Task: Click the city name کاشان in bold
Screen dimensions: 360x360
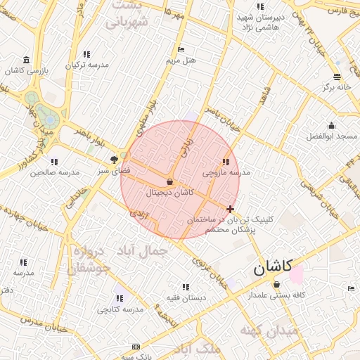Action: [x=274, y=267]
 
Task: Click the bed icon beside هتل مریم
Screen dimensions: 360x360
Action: [x=181, y=50]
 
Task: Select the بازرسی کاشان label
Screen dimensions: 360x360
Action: [x=25, y=70]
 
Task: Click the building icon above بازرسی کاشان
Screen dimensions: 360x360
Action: [x=26, y=59]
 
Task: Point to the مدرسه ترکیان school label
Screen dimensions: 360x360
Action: [x=87, y=65]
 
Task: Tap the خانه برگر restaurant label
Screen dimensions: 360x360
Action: [x=336, y=88]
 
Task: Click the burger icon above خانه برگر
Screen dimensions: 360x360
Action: [x=337, y=77]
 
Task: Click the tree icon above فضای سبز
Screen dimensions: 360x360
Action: [x=114, y=160]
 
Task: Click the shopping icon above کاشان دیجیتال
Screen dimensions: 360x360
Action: [x=169, y=181]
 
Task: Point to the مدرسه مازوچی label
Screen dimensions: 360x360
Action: [x=226, y=172]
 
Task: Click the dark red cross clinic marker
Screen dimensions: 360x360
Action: [x=231, y=209]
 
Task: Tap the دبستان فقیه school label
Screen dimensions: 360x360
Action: [x=186, y=297]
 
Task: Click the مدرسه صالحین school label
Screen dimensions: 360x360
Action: [x=52, y=172]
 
